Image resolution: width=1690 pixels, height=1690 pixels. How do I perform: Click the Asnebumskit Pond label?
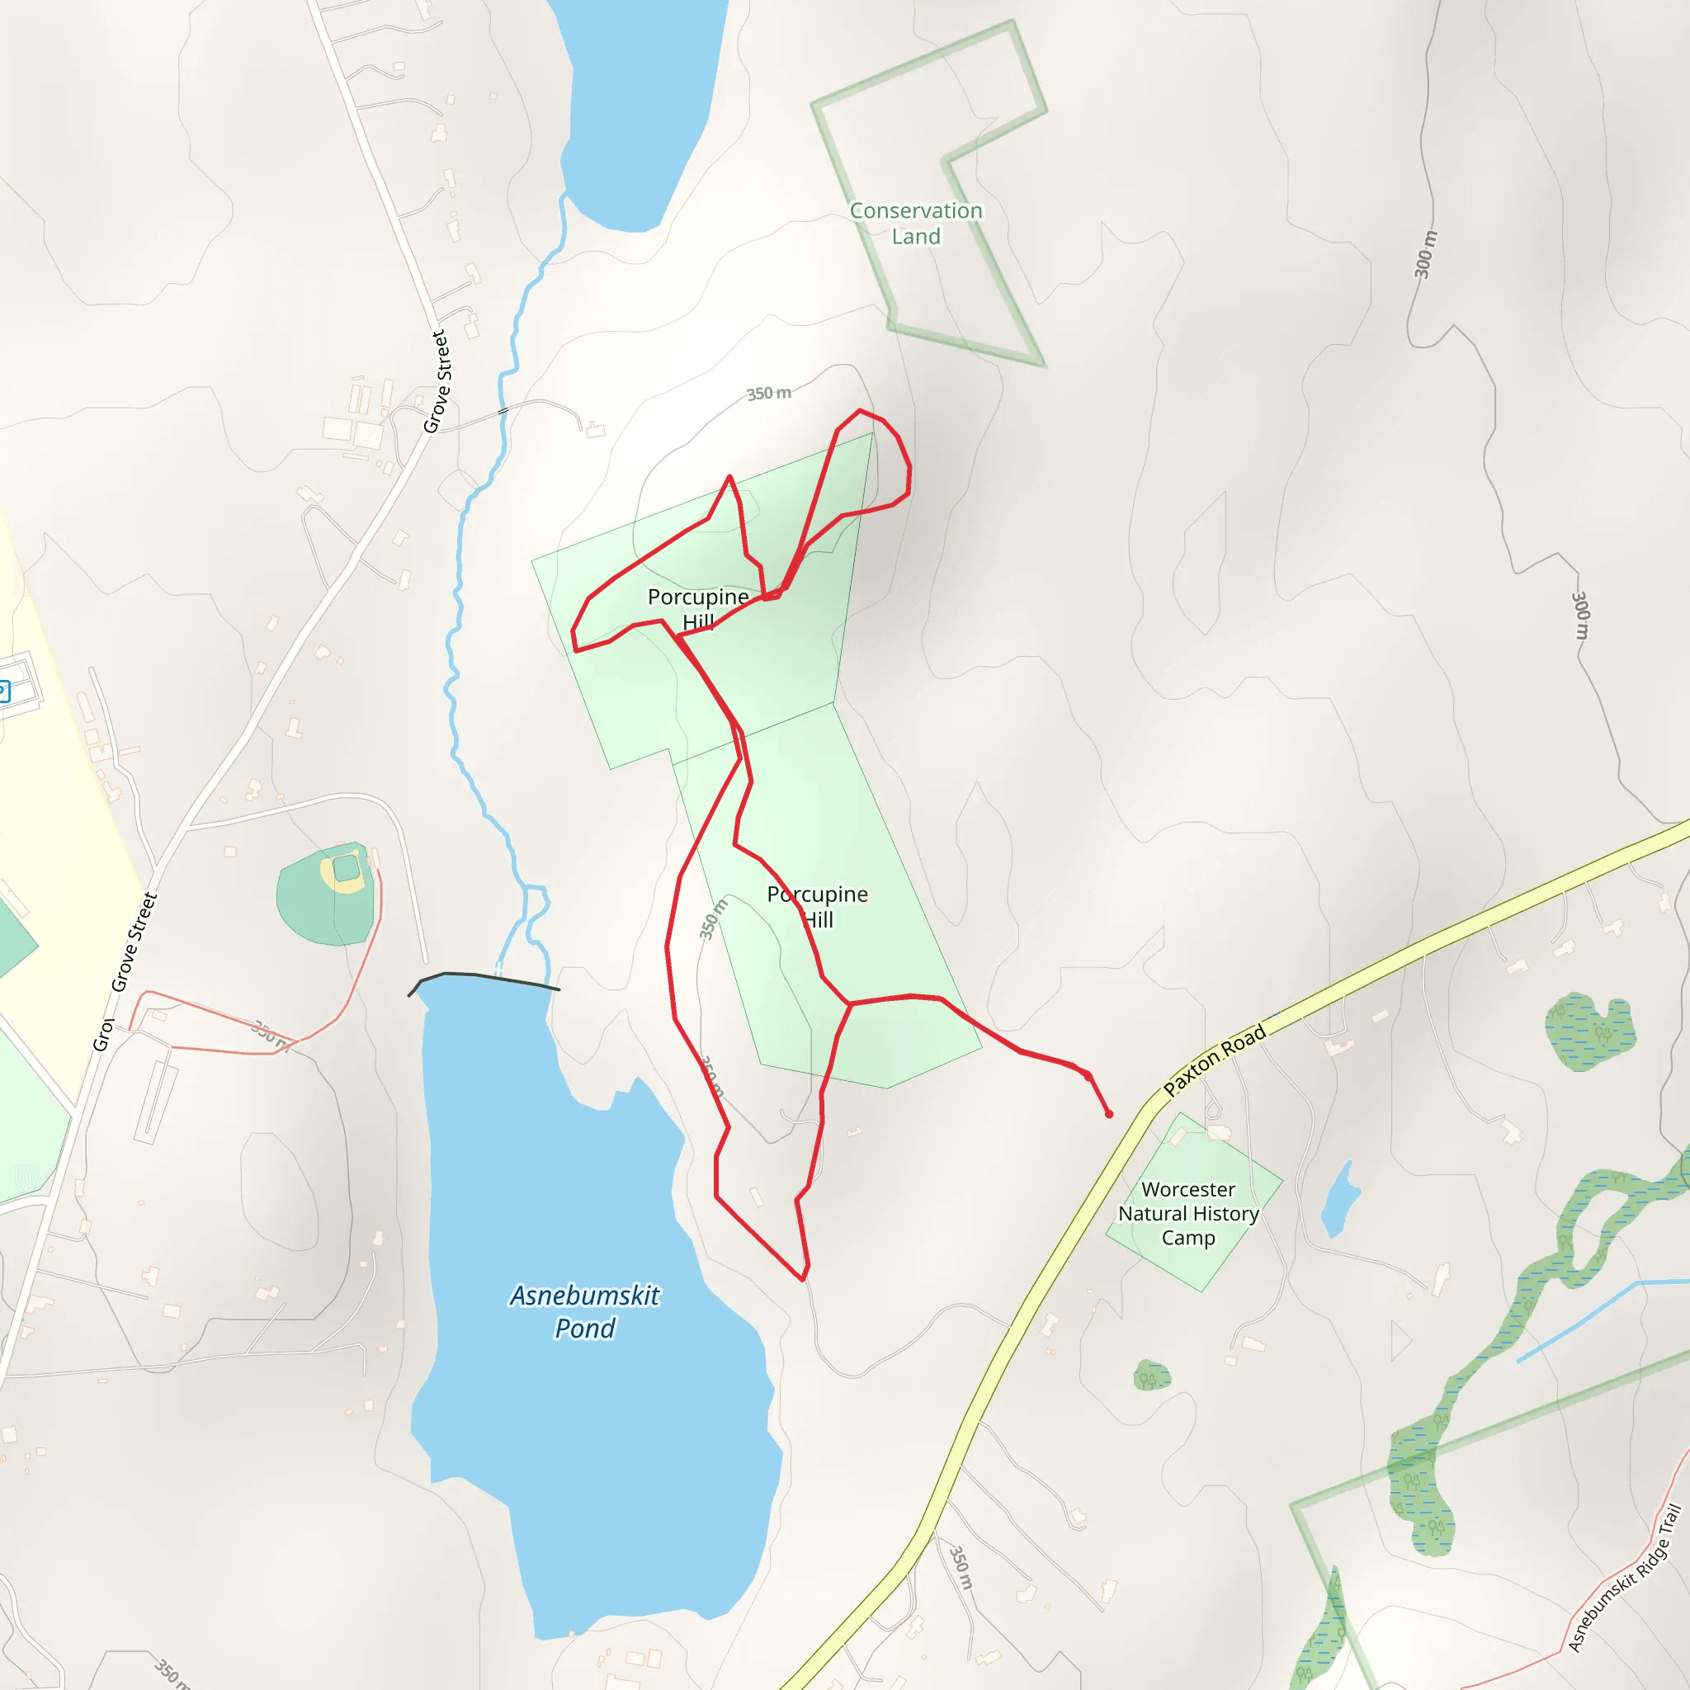(x=584, y=1311)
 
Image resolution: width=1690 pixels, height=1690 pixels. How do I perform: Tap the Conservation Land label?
(x=916, y=223)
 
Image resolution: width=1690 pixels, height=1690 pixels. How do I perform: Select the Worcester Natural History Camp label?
(x=1188, y=1213)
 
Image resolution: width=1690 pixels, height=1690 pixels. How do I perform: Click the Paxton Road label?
(x=1215, y=1060)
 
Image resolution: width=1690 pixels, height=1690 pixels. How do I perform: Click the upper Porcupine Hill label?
(x=698, y=608)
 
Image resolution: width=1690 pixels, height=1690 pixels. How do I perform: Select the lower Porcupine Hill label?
(x=817, y=906)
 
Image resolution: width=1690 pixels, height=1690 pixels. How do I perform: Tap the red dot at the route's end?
(x=1109, y=1114)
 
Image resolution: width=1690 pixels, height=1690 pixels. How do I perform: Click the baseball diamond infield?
(x=346, y=869)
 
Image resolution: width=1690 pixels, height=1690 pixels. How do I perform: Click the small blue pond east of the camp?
(x=1339, y=1198)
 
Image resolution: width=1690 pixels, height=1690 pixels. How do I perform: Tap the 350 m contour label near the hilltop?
(x=768, y=394)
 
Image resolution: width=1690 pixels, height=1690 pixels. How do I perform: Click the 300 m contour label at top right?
(x=1426, y=253)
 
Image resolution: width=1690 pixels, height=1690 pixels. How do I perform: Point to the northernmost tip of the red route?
(x=860, y=410)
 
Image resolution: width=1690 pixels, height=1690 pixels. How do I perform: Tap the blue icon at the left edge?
(x=3, y=691)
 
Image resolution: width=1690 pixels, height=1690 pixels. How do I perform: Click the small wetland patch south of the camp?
(x=1151, y=1376)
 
